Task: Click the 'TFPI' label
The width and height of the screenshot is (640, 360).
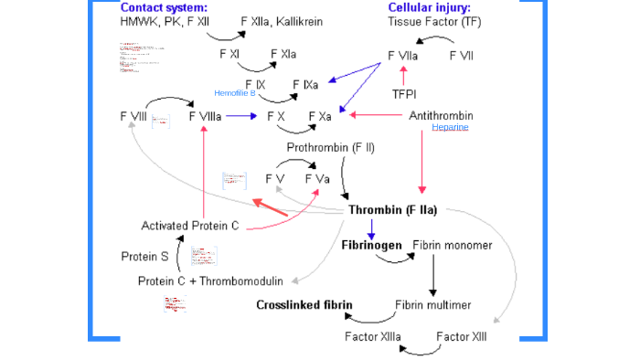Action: coord(403,94)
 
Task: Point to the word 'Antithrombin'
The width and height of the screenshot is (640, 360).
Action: coord(441,116)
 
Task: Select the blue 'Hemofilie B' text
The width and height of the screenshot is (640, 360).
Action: coord(234,93)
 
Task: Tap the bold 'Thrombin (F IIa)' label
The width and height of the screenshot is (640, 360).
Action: coord(393,210)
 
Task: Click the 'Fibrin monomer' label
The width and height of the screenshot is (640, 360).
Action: coord(453,245)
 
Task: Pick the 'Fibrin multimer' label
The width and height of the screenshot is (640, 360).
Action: coord(433,304)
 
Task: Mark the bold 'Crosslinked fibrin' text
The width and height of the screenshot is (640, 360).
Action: coord(304,304)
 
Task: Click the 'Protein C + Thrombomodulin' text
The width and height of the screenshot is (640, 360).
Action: coord(211,281)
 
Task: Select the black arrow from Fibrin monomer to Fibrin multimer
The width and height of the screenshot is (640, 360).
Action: coord(433,274)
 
